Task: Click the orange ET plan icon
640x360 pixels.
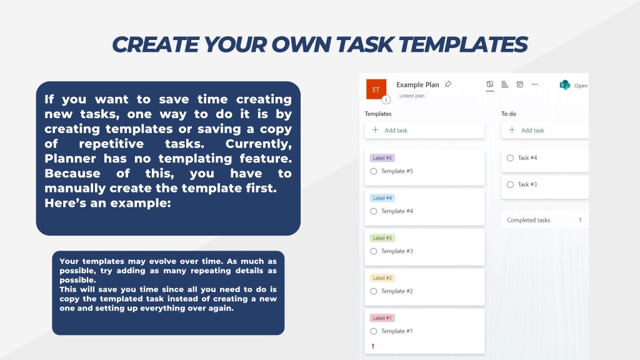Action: [x=376, y=89]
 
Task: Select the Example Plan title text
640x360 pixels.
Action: [x=417, y=85]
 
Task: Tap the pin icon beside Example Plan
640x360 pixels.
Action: [x=448, y=84]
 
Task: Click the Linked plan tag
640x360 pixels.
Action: [x=412, y=96]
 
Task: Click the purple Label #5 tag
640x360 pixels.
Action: [x=382, y=158]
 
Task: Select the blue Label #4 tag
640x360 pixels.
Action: [x=382, y=198]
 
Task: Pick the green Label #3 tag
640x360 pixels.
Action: [x=382, y=238]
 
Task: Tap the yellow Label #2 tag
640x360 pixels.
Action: [x=382, y=278]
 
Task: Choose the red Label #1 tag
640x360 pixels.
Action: [x=382, y=318]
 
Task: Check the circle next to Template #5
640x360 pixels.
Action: [x=374, y=171]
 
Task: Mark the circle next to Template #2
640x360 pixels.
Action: [x=374, y=291]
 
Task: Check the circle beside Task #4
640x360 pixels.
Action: [x=510, y=158]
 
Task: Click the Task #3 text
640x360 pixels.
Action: [x=527, y=185]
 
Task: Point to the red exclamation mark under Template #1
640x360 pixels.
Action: [x=373, y=346]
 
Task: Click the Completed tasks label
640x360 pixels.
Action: [x=528, y=220]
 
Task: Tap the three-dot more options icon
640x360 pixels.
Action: [x=534, y=84]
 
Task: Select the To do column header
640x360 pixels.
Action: [x=509, y=114]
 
